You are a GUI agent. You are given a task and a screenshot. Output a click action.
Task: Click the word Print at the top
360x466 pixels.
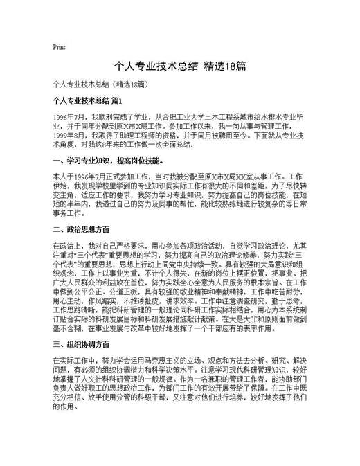coord(59,48)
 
